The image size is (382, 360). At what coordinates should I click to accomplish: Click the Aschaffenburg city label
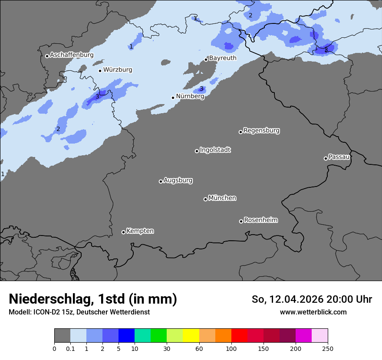click(72, 55)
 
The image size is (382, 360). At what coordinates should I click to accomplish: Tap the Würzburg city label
click(118, 70)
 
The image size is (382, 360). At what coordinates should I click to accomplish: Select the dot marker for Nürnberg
click(173, 98)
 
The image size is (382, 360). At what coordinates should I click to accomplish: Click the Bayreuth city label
click(223, 58)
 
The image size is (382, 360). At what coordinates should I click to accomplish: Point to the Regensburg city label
click(261, 131)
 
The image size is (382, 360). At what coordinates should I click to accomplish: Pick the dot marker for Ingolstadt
click(197, 151)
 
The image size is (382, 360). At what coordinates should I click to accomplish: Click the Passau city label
click(339, 157)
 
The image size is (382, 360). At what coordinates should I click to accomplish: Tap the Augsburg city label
click(178, 180)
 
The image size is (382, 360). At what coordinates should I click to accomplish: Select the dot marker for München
click(205, 199)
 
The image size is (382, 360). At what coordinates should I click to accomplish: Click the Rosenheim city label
click(260, 220)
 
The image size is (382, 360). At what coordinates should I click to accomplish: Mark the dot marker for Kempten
click(123, 232)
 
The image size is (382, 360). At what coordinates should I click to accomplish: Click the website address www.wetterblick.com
click(313, 312)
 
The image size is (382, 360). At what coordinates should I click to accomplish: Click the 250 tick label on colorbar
click(328, 348)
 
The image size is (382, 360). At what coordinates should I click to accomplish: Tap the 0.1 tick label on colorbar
click(70, 348)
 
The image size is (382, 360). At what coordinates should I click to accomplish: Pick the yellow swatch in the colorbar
click(191, 336)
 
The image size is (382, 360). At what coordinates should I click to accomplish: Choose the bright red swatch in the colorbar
click(239, 336)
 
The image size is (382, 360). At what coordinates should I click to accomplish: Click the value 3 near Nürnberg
click(201, 89)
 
